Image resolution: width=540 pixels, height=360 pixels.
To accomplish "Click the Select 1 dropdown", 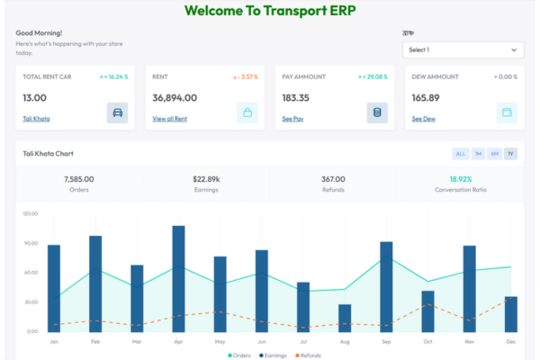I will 463,50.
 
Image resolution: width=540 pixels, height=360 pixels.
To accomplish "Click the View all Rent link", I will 171,119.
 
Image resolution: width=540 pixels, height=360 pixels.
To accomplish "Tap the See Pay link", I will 292,119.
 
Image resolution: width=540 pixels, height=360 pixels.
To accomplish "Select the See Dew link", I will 423,119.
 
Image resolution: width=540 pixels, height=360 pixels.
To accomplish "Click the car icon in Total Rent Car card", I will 117,112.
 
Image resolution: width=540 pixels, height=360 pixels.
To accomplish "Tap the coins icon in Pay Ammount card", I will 377,112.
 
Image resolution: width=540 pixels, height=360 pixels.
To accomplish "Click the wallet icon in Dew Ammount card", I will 507,112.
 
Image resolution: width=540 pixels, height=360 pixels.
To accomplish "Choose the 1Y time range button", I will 510,154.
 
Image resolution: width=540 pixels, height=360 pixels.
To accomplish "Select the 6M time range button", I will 495,154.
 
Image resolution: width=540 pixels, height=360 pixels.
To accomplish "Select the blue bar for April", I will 178,278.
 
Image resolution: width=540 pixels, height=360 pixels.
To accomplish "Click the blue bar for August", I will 345,318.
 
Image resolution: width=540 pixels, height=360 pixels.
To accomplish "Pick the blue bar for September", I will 386,286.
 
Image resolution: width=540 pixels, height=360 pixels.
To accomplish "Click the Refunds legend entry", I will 308,355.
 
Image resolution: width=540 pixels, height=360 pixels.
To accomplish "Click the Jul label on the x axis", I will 303,342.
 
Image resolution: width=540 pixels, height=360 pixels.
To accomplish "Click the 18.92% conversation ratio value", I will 461,179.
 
